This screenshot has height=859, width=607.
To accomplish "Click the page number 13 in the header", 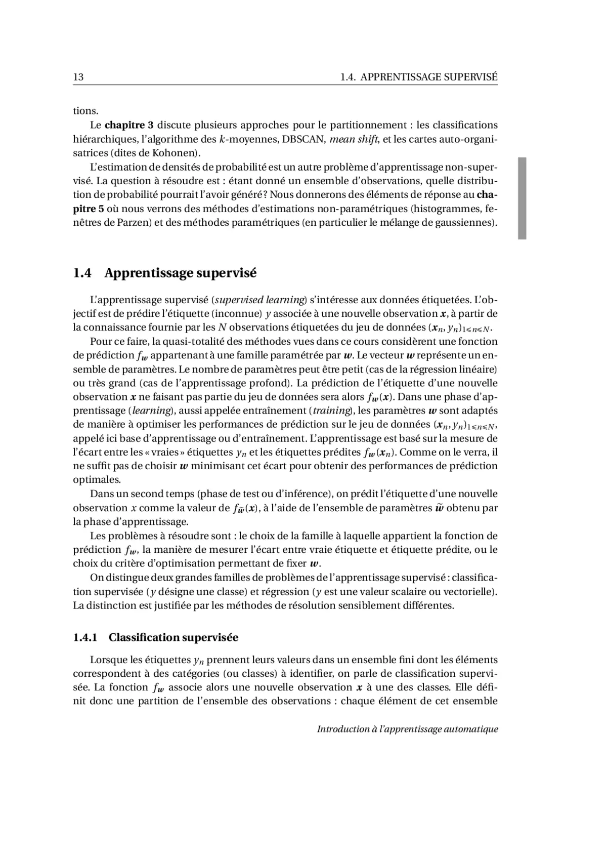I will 78,77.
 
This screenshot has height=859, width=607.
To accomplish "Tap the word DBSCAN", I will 303,139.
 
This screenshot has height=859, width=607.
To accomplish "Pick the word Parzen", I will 132,223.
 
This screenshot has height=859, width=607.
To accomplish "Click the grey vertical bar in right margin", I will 522,198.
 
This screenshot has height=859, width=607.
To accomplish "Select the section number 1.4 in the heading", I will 82,273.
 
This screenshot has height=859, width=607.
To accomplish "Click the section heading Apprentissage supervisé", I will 181,273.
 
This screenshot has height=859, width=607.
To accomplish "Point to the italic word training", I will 331,411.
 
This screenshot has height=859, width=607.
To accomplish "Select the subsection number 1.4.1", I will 85,637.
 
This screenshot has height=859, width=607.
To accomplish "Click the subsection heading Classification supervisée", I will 174,637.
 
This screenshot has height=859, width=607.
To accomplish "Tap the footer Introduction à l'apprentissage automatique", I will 407,729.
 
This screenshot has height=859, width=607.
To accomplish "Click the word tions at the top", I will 85,111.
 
